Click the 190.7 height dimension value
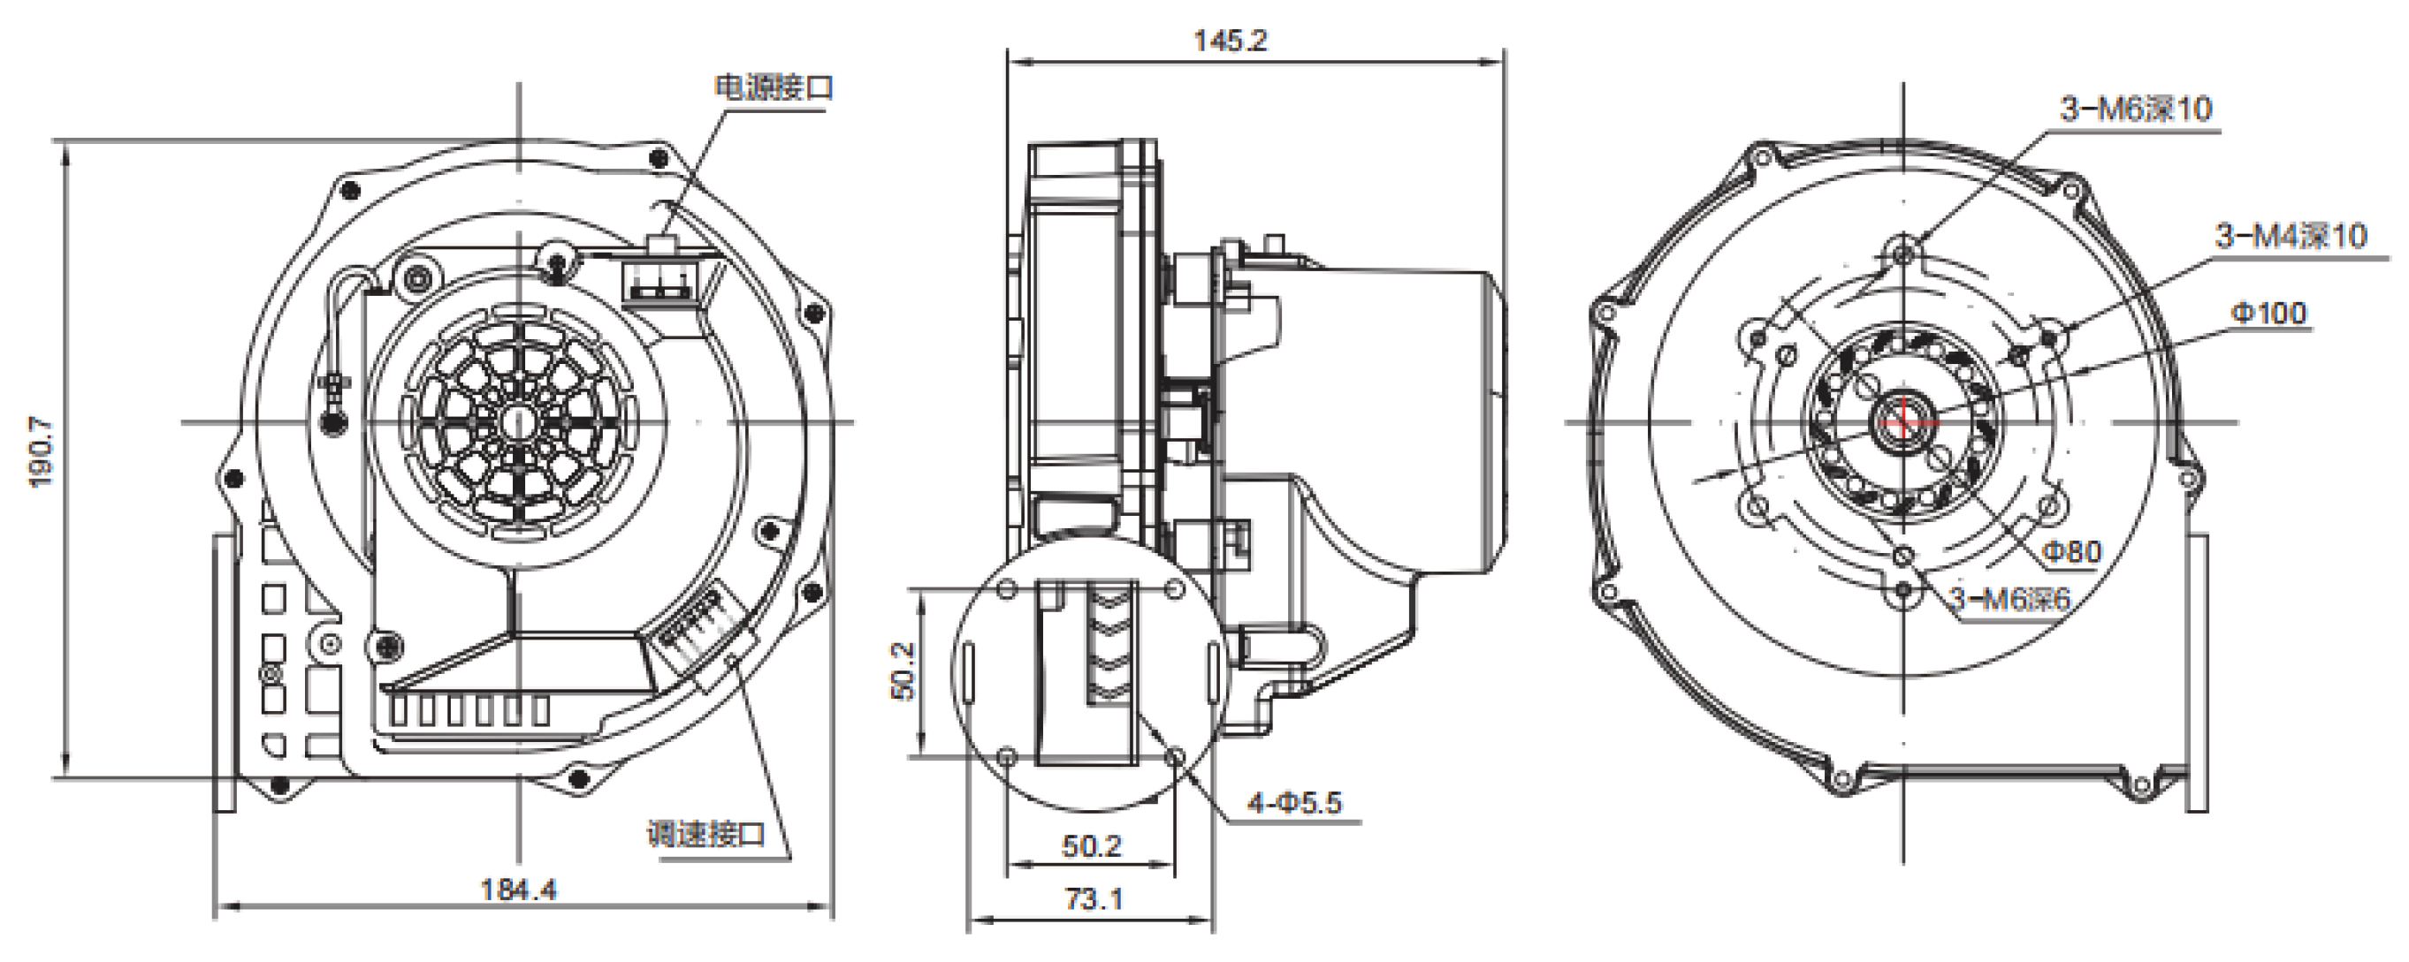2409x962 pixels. click(x=42, y=452)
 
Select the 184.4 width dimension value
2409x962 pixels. click(x=518, y=889)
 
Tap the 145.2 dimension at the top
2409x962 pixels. click(x=1230, y=41)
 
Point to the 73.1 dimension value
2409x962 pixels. click(x=1094, y=899)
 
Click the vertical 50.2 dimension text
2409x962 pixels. click(x=903, y=670)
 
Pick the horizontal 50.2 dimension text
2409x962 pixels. click(x=1092, y=846)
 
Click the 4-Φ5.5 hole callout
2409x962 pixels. click(x=1294, y=802)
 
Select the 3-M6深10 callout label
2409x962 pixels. click(x=2136, y=110)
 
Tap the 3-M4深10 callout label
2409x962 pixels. click(x=2291, y=235)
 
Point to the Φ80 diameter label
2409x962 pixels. click(x=2071, y=551)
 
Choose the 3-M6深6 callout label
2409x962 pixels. click(x=2010, y=598)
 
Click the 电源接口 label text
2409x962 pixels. click(x=774, y=87)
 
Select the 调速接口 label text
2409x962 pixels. click(x=707, y=833)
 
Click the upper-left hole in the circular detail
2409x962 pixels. click(x=1007, y=590)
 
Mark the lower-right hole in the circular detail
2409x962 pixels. click(x=1177, y=756)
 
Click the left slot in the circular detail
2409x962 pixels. click(x=970, y=670)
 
